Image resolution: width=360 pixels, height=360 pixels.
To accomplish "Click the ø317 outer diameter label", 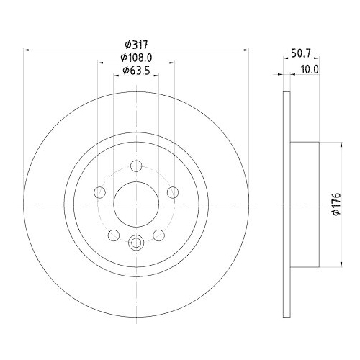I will click(x=135, y=43).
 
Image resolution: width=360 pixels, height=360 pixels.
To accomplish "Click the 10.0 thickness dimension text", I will click(x=309, y=68).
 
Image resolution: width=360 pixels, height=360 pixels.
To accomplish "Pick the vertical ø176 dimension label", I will click(x=336, y=204).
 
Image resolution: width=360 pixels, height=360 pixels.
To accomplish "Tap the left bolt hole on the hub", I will click(x=100, y=192).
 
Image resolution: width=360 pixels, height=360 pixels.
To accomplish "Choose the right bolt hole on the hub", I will click(x=172, y=192).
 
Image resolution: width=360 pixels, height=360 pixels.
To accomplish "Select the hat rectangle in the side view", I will click(x=304, y=204).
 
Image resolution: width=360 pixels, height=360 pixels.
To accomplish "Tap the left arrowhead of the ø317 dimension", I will click(x=27, y=49).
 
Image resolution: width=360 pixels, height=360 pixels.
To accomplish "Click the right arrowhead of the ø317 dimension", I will click(x=245, y=49).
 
